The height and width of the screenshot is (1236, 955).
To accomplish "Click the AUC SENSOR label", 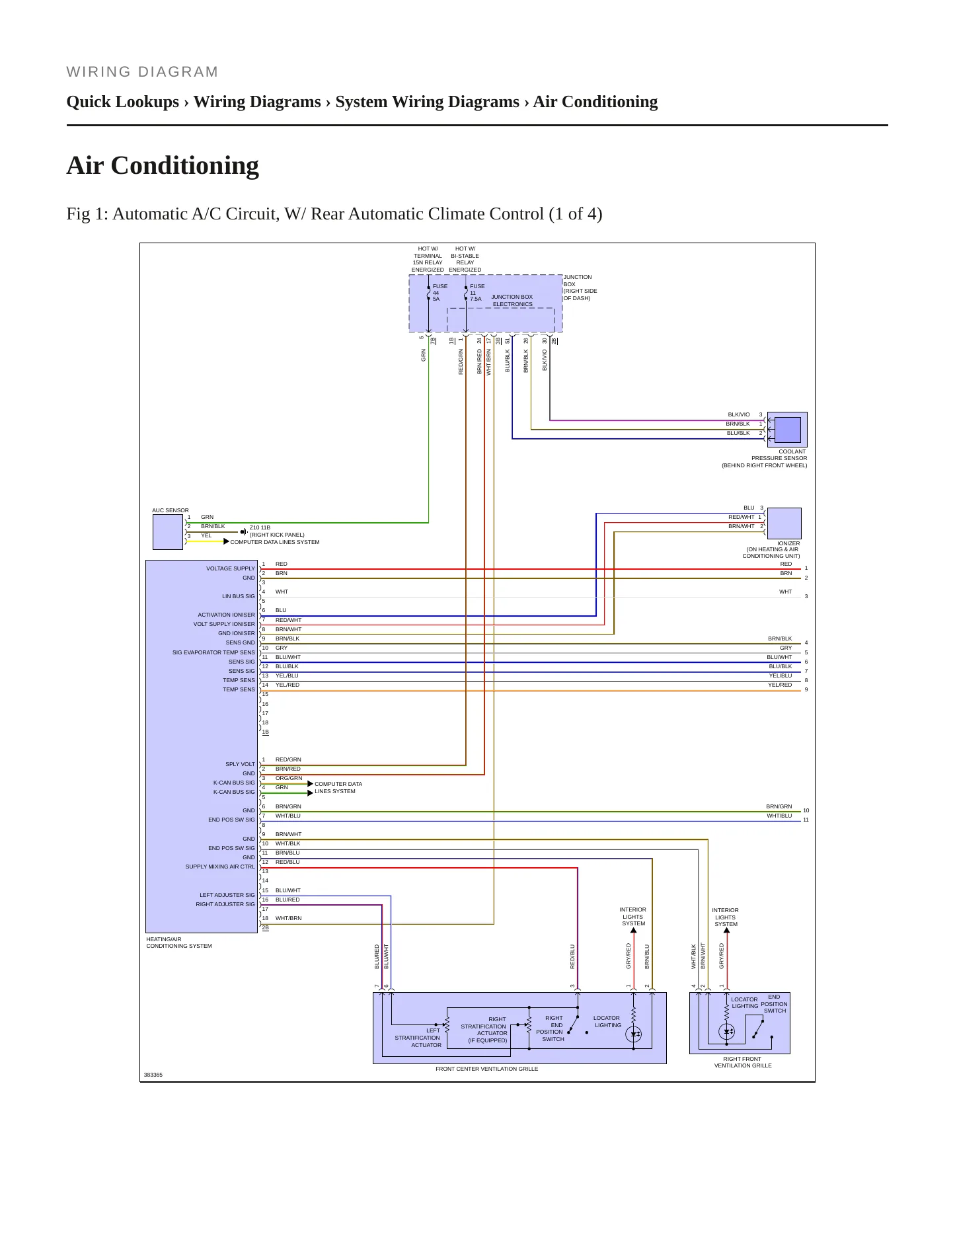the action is (171, 510).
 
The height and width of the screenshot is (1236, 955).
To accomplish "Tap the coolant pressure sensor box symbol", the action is (787, 430).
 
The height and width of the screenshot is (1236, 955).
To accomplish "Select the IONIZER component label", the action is (788, 543).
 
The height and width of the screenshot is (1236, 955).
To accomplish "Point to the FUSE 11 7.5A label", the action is (477, 293).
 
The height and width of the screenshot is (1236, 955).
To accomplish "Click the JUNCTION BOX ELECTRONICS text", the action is (512, 301).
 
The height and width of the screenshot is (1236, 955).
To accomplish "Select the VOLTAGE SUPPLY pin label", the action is (230, 568).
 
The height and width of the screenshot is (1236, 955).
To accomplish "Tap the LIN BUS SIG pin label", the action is (238, 596).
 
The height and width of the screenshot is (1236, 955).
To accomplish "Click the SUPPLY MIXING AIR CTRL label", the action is (220, 867).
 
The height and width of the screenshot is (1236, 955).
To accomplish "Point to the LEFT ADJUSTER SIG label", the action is (227, 895).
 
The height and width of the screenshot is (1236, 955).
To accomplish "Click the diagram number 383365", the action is (153, 1075).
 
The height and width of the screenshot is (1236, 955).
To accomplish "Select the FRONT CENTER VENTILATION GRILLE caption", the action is (487, 1069).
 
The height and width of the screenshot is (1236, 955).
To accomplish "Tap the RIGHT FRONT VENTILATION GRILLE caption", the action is (743, 1062).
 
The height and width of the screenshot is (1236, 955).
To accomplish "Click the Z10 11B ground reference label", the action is (260, 528).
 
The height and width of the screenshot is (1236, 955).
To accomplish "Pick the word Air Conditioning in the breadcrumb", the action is (595, 102).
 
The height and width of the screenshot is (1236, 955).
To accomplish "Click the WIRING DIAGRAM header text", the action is (142, 72).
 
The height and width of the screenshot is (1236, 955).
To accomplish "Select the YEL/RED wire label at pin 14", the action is (287, 685).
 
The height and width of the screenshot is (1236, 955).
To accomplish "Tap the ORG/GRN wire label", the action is (289, 778).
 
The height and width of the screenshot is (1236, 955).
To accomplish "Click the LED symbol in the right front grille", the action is (727, 1031).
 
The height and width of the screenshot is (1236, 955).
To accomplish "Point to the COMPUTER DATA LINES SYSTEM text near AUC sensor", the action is (275, 542).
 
